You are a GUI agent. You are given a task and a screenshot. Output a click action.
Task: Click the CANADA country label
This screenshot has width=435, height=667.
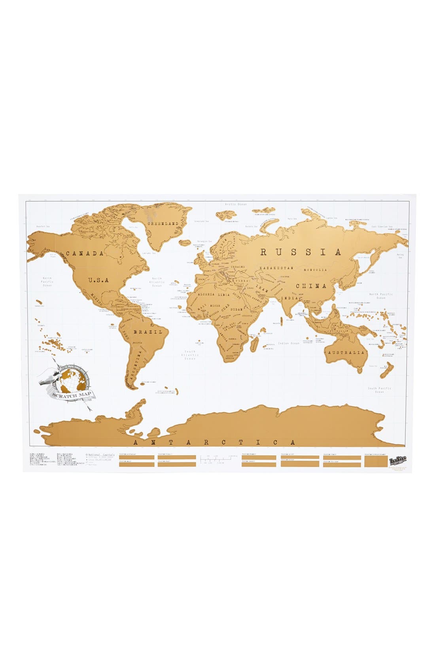click(85, 253)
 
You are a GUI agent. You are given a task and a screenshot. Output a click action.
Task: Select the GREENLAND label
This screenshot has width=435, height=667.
click(163, 223)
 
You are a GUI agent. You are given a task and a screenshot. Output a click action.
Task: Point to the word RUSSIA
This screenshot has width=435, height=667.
click(300, 252)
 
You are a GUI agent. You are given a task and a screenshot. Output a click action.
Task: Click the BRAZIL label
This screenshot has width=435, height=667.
click(148, 332)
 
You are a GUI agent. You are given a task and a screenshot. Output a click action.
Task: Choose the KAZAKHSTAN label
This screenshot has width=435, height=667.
click(276, 268)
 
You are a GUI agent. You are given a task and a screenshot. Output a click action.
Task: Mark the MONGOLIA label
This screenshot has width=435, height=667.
click(315, 270)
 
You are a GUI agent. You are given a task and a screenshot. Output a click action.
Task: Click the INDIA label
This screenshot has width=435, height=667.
click(288, 298)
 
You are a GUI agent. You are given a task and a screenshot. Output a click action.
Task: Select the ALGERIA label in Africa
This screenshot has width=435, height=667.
click(205, 294)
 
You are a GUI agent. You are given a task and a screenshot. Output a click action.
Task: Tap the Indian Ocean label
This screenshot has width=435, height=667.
click(289, 344)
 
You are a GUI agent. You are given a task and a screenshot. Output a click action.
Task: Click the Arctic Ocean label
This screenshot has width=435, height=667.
click(236, 204)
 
